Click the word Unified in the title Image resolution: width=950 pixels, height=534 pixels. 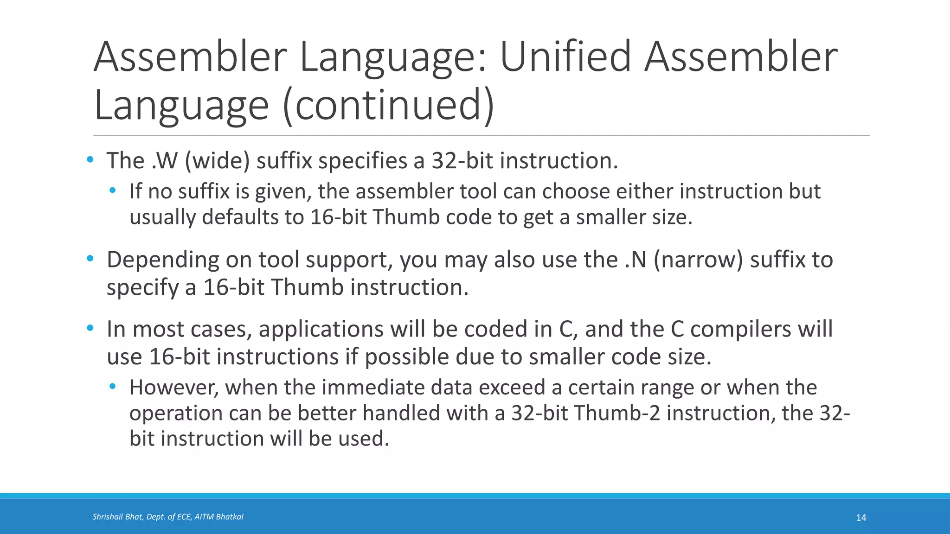pyautogui.click(x=565, y=57)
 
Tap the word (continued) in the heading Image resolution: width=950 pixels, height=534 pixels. pyautogui.click(x=388, y=106)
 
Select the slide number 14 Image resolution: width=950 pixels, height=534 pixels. pyautogui.click(x=861, y=518)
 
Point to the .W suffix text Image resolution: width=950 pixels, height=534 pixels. pyautogui.click(x=164, y=161)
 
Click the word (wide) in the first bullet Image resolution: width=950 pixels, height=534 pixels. pyautogui.click(x=217, y=161)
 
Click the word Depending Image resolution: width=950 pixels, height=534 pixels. pyautogui.click(x=163, y=260)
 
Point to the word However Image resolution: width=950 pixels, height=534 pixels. pyautogui.click(x=173, y=387)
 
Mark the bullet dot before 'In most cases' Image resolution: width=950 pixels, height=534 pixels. pyautogui.click(x=90, y=328)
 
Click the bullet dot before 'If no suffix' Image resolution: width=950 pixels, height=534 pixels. pyautogui.click(x=113, y=191)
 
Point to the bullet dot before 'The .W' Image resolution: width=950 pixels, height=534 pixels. pyautogui.click(x=90, y=160)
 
